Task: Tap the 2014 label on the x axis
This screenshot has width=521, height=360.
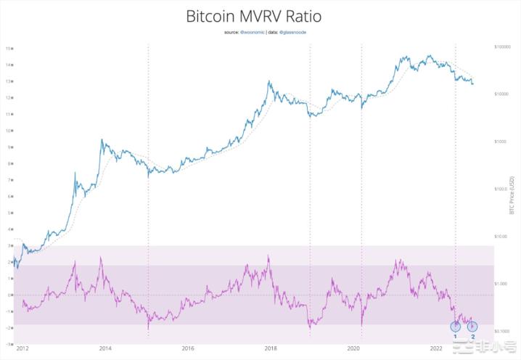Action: coord(105,349)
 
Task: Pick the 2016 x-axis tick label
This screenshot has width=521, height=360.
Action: coord(189,349)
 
